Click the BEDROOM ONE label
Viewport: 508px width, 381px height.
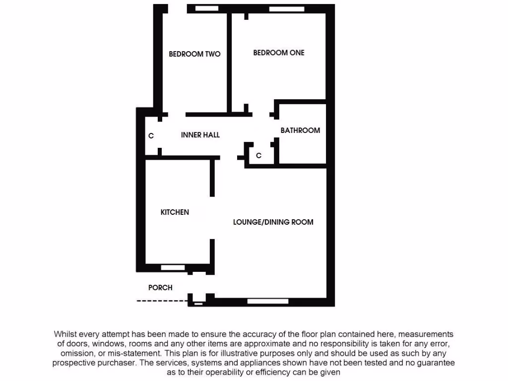[x=278, y=53]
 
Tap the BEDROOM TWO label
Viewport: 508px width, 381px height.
[x=194, y=54]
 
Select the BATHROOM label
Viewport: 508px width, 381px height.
[x=300, y=130]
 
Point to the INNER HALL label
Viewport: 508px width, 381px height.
[x=200, y=134]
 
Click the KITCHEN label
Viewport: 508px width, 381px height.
[x=175, y=212]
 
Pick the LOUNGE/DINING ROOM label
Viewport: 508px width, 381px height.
[x=273, y=222]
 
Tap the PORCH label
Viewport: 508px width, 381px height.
[x=160, y=287]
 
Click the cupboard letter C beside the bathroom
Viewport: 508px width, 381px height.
[x=258, y=156]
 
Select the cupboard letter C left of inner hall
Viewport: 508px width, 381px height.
[x=151, y=135]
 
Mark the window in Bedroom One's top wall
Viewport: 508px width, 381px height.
[x=287, y=9]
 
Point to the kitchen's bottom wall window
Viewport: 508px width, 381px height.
[x=173, y=267]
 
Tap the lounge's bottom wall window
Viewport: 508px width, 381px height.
[x=261, y=301]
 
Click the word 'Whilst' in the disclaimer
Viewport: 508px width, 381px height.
[x=65, y=334]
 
